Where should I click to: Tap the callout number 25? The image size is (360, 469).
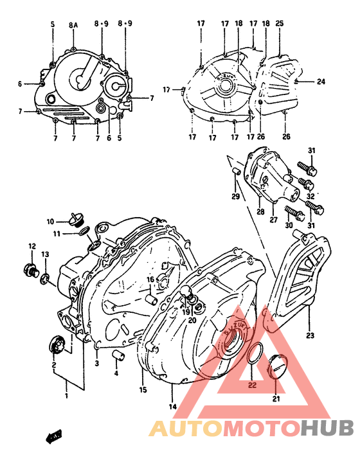click(279, 24)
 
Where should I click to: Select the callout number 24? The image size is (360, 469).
click(321, 82)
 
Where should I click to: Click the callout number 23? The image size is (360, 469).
click(310, 335)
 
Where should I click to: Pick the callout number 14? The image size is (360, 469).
click(172, 406)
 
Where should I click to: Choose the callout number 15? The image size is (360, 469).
click(143, 390)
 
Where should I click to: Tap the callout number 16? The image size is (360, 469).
click(149, 280)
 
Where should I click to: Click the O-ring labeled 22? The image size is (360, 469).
click(254, 355)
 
